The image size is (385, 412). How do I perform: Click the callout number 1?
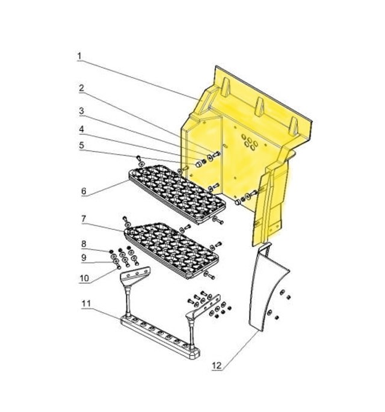click(79, 56)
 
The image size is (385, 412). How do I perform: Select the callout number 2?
click(81, 88)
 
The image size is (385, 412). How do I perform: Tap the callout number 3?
click(82, 111)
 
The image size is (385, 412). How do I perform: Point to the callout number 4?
click(82, 129)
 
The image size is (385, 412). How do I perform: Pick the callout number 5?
click(82, 145)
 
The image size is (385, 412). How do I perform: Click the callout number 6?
click(84, 191)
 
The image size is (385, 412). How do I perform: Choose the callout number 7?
click(84, 218)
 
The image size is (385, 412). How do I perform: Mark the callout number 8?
click(84, 244)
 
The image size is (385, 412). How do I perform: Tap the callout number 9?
click(84, 258)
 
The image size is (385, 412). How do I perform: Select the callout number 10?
click(84, 278)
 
